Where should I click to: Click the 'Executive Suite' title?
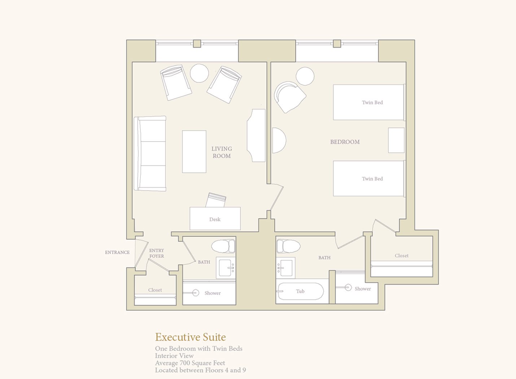(x=190, y=337)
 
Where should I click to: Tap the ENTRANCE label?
(x=117, y=252)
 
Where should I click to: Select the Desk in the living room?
(x=215, y=218)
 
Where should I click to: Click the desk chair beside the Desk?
(x=216, y=200)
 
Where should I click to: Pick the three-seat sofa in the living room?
(x=150, y=153)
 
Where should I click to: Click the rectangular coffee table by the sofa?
(x=194, y=152)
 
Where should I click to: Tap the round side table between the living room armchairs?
(x=199, y=73)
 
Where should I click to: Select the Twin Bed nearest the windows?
(x=369, y=102)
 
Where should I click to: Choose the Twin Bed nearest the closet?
(x=369, y=179)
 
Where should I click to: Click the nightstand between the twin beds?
(x=396, y=140)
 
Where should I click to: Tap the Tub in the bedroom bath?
(x=300, y=291)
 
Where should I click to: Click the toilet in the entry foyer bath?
(x=223, y=246)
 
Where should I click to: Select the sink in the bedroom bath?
(x=286, y=268)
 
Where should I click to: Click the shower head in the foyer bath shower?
(x=196, y=293)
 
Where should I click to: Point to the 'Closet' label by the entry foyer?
(x=155, y=290)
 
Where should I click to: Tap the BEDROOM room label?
(x=345, y=142)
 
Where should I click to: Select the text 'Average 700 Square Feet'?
(x=190, y=363)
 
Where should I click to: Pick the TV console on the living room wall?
(x=256, y=135)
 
